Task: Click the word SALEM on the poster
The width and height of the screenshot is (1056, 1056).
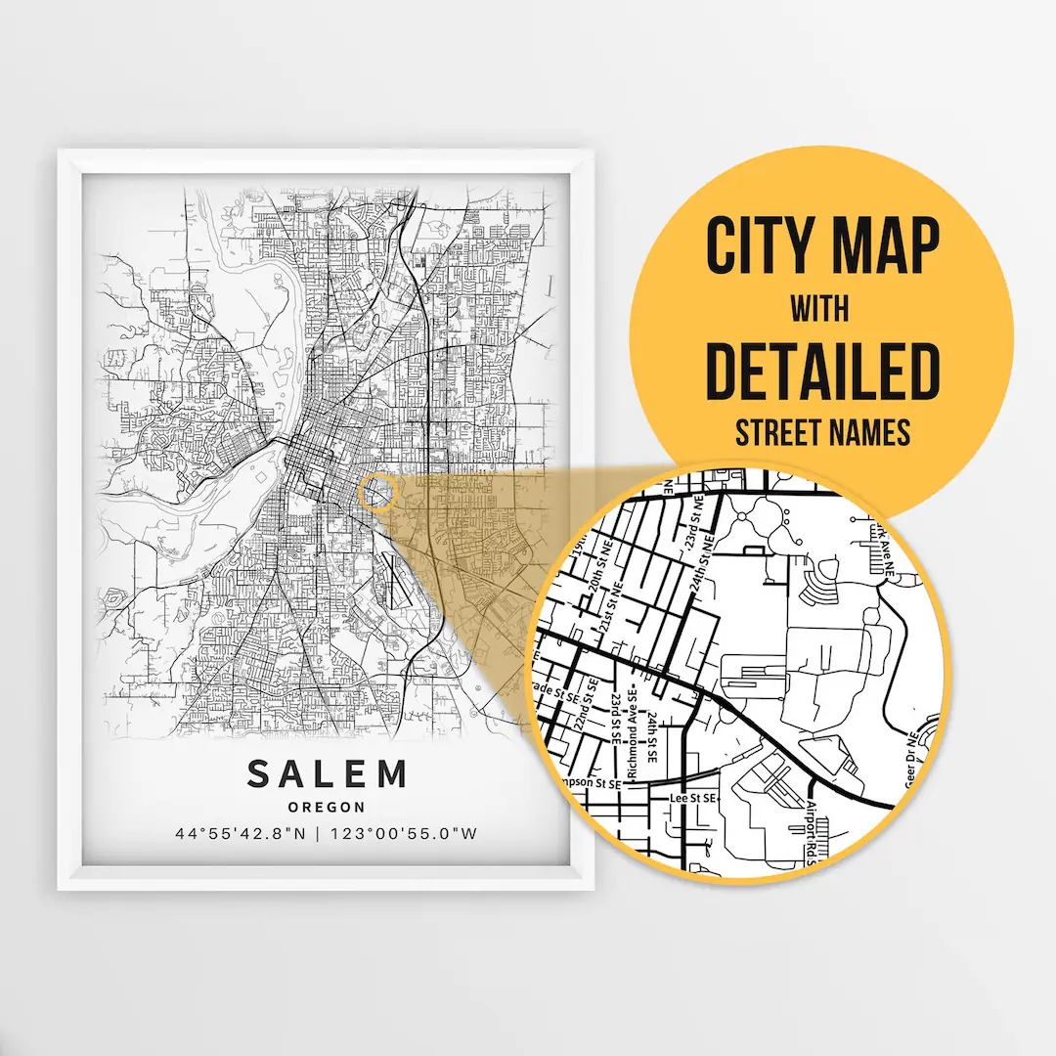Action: tap(327, 774)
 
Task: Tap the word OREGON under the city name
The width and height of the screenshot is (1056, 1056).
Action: tap(327, 808)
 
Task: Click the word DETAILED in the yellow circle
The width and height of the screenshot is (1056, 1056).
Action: tap(822, 372)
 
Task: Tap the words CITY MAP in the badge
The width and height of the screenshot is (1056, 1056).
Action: tap(822, 247)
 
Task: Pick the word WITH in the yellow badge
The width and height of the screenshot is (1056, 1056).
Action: tap(821, 310)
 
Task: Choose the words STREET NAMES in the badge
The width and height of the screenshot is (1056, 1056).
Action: tap(822, 432)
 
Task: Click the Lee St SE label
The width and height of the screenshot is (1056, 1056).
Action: tap(693, 799)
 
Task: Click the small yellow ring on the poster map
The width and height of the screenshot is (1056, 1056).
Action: tap(376, 492)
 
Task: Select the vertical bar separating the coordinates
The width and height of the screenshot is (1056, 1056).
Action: tap(326, 834)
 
